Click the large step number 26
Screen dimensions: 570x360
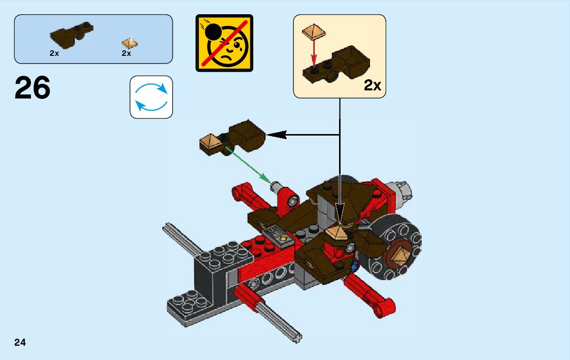click(32, 88)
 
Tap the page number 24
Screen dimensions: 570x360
click(20, 343)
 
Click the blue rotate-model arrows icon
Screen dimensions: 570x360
click(151, 97)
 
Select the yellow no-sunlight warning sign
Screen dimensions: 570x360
click(224, 43)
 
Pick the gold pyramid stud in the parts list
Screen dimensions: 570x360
click(130, 44)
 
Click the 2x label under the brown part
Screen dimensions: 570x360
click(54, 53)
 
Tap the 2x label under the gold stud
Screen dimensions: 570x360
click(126, 53)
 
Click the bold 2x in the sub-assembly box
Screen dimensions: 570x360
click(372, 85)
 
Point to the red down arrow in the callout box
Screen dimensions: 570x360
click(314, 53)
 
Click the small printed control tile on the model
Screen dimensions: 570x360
click(278, 235)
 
